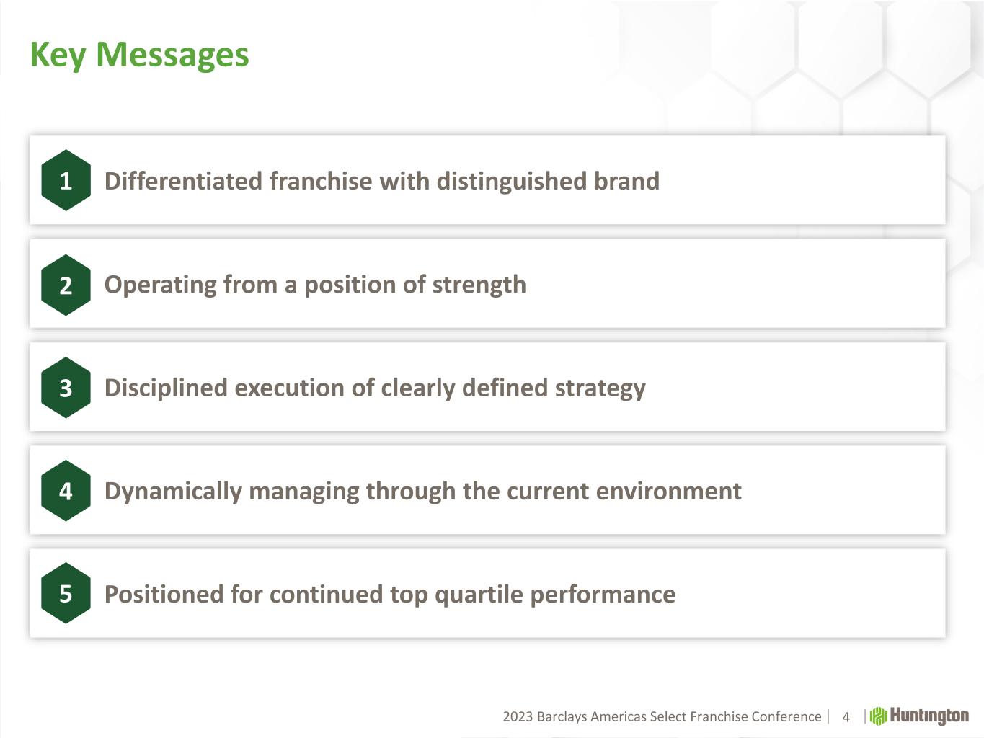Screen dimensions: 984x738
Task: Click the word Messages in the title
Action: click(172, 55)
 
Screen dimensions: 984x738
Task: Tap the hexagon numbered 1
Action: click(66, 180)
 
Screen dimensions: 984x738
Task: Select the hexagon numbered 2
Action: click(66, 285)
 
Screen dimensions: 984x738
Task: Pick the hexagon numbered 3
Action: click(66, 388)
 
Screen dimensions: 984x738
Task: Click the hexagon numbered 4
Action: click(66, 491)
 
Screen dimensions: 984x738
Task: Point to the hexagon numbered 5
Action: click(66, 593)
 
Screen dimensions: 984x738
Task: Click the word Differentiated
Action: click(183, 181)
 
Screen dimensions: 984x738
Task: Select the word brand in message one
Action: click(626, 181)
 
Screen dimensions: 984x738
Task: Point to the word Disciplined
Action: click(167, 388)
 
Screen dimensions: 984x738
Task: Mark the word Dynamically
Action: click(173, 492)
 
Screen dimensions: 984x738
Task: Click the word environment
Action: click(668, 491)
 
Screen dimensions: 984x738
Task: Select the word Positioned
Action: click(164, 595)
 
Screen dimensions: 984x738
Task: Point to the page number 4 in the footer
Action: click(846, 717)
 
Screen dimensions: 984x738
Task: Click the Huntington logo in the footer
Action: click(919, 716)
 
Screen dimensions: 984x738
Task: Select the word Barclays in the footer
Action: click(562, 717)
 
